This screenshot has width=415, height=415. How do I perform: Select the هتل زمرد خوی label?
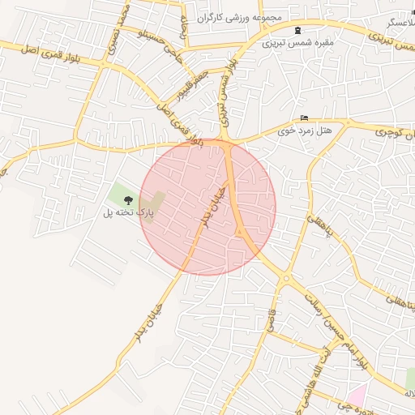coord(305,130)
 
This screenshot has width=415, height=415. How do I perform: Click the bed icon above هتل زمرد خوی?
coord(305,118)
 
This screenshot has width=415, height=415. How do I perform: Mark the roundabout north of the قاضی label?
coord(286,280)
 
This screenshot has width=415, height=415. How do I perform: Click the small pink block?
coord(357,395)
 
